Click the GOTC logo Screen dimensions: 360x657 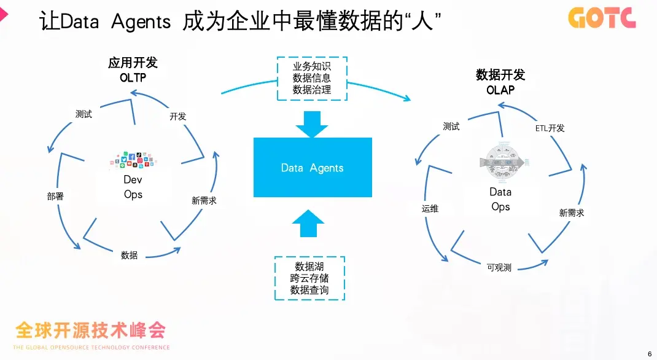(x=602, y=18)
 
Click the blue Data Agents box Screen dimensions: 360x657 (x=313, y=167)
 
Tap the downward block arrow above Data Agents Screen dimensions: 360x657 (x=313, y=123)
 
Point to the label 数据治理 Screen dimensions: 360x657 (x=312, y=90)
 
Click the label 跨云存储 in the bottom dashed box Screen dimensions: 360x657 (x=309, y=278)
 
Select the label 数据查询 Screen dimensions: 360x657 (x=309, y=290)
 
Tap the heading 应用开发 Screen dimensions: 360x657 (x=133, y=63)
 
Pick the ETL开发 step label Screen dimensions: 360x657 (x=550, y=128)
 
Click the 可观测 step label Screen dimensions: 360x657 (x=499, y=267)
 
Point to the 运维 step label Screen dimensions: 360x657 (x=430, y=209)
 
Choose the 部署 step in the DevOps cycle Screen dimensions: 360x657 (x=55, y=197)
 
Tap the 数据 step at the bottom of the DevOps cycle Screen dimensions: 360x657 (x=129, y=255)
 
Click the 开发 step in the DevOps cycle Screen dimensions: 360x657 (x=177, y=116)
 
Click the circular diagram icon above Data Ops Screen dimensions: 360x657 (x=500, y=163)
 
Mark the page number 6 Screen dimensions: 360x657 (x=650, y=353)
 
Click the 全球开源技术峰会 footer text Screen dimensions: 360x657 (x=91, y=331)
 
